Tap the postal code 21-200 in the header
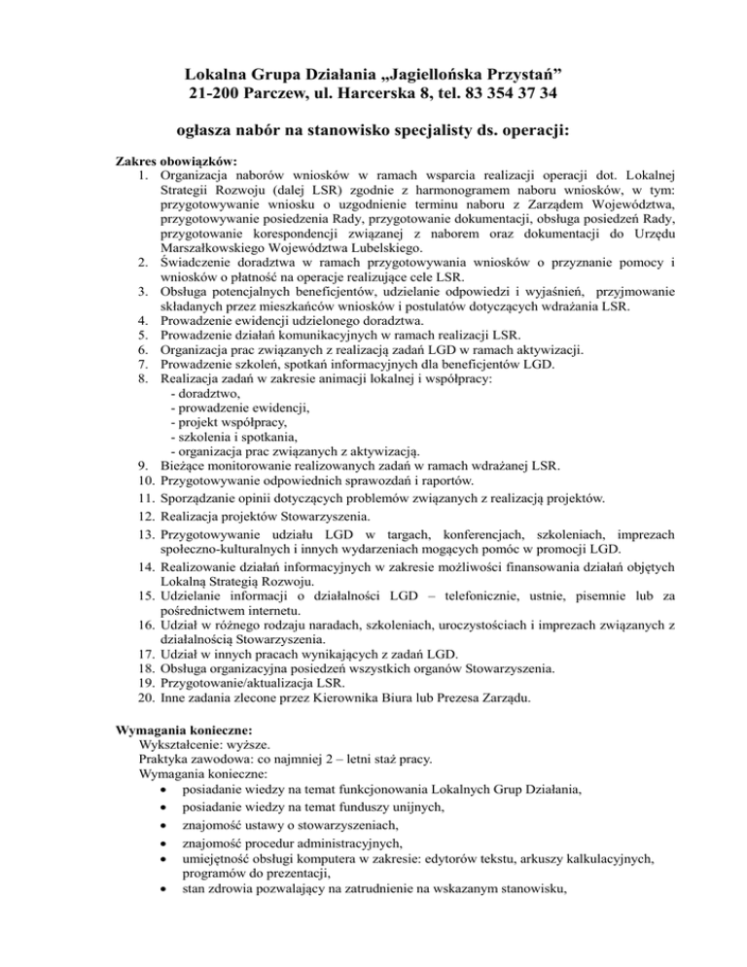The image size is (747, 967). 218,94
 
